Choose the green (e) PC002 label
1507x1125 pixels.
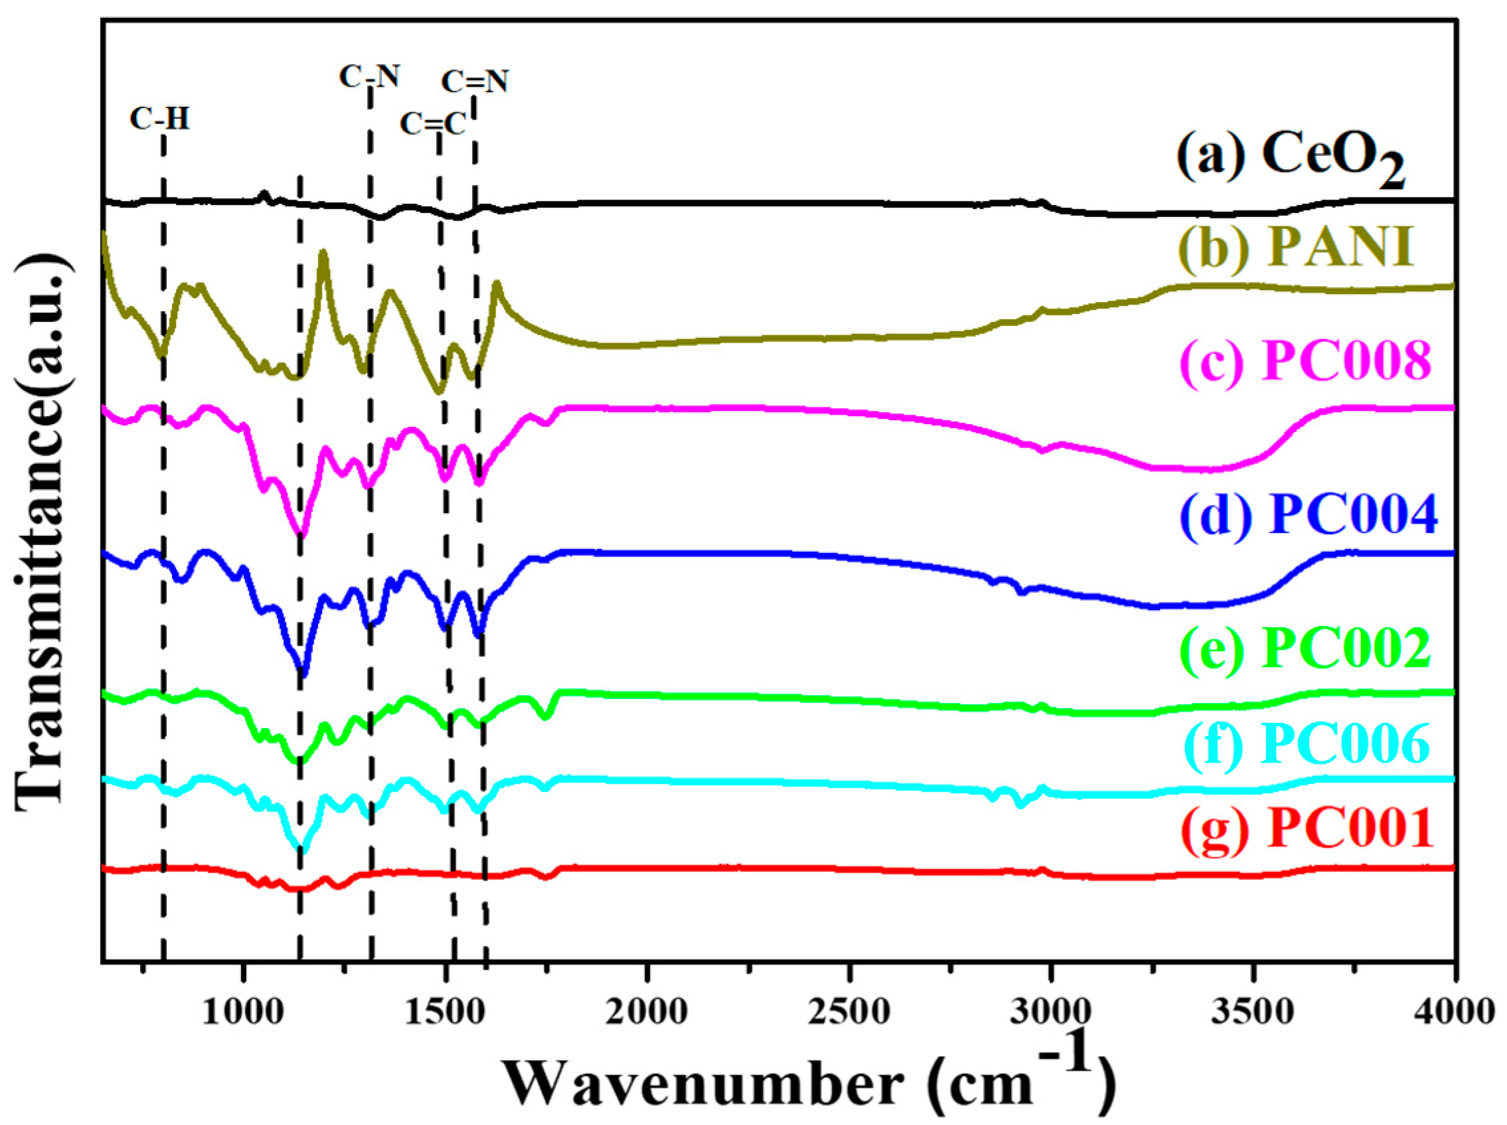click(1305, 649)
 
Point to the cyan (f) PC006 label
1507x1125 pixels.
click(1305, 743)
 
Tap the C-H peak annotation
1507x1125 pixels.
click(159, 120)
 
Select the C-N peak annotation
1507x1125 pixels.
click(369, 77)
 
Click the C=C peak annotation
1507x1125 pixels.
click(432, 125)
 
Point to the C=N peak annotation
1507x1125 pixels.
click(475, 82)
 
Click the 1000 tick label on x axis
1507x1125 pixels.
click(243, 1013)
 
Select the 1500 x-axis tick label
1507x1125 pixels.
click(445, 1013)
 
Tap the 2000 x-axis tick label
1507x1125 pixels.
click(647, 1013)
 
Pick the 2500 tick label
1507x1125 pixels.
click(849, 1013)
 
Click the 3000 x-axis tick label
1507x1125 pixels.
click(1051, 1013)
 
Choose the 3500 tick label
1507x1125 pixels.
click(1252, 1013)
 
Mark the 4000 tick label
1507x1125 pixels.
click(1453, 1013)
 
